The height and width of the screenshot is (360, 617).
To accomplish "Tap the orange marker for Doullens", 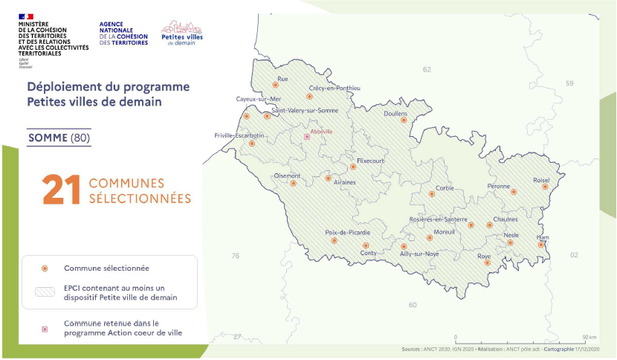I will (x=404, y=120).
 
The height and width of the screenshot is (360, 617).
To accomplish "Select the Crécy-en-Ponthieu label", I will (x=335, y=88).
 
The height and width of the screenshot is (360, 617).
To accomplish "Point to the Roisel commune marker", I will (x=545, y=187).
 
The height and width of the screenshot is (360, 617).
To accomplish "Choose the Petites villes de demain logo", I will (x=181, y=33).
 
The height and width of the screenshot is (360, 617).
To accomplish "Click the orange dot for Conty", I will (x=365, y=245).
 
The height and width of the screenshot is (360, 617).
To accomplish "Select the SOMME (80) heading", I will (x=59, y=138).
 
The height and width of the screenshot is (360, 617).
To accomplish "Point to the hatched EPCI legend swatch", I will (x=45, y=292).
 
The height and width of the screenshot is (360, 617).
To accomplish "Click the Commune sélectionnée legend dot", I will (x=45, y=268).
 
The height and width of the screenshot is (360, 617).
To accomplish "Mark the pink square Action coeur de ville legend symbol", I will (x=45, y=328).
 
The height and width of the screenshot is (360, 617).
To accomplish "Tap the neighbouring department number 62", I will (x=427, y=69).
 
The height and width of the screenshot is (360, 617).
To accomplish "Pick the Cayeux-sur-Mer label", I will (x=259, y=99).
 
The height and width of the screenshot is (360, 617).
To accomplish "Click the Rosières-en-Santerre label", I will (x=439, y=219).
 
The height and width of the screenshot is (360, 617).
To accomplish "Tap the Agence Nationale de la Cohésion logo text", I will (x=123, y=33).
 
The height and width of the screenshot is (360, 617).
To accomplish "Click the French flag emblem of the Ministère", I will (x=26, y=15).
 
